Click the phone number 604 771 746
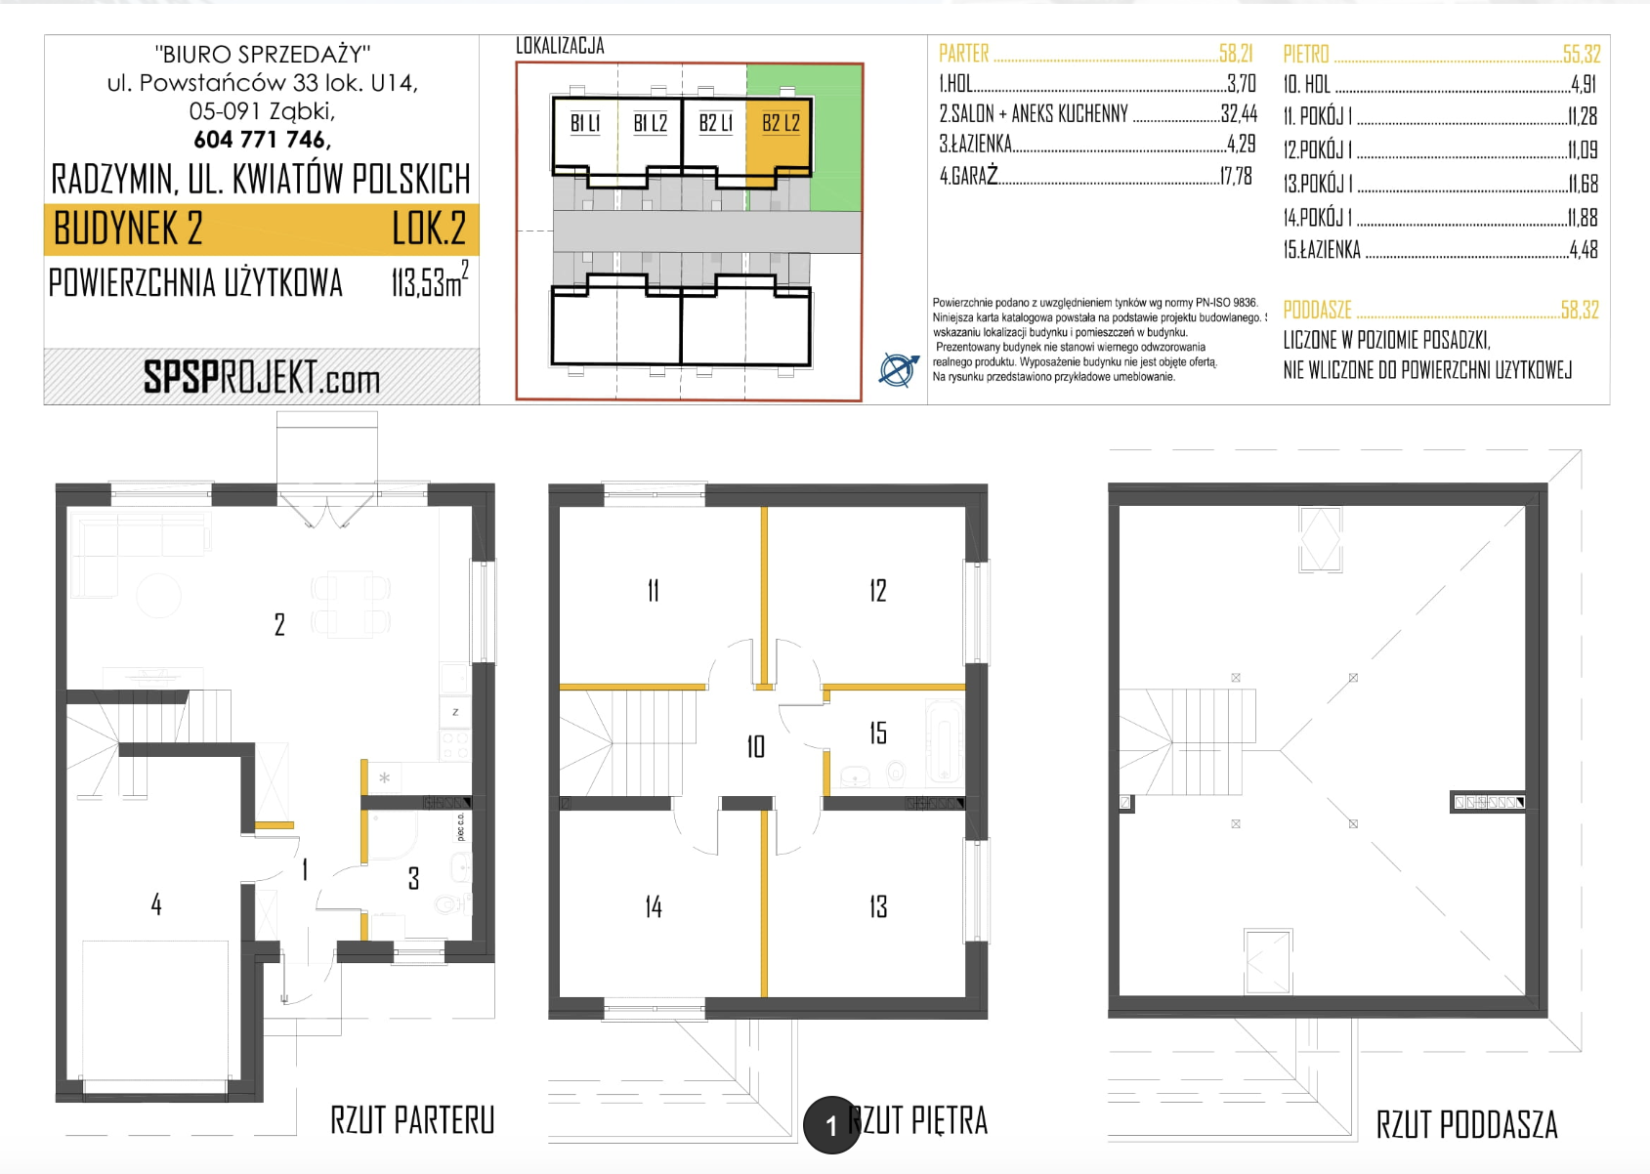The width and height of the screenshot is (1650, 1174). (x=262, y=140)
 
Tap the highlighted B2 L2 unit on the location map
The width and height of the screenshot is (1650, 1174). (x=779, y=137)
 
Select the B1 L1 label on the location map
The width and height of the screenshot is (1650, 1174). (x=585, y=123)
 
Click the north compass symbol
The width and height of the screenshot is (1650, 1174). (x=899, y=369)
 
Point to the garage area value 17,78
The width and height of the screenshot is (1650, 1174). (x=1235, y=176)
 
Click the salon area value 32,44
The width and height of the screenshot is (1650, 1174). (x=1239, y=113)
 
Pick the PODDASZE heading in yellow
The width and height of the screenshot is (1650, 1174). (x=1317, y=310)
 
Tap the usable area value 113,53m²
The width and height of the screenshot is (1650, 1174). (x=430, y=280)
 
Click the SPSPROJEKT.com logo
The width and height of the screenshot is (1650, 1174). (x=262, y=377)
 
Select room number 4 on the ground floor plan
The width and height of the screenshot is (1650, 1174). (x=156, y=903)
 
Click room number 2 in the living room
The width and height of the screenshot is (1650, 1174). (x=279, y=624)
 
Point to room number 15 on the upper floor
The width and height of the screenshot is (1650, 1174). (x=877, y=733)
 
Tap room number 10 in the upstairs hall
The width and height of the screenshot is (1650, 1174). (x=756, y=747)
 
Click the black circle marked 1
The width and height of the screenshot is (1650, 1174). (x=831, y=1124)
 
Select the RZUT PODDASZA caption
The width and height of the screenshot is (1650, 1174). (x=1466, y=1124)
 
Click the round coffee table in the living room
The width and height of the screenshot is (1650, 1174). (x=158, y=595)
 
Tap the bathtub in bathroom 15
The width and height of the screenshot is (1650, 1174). (x=944, y=741)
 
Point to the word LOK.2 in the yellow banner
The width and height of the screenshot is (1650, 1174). (x=429, y=229)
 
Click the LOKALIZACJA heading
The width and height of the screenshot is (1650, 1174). (x=560, y=46)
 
